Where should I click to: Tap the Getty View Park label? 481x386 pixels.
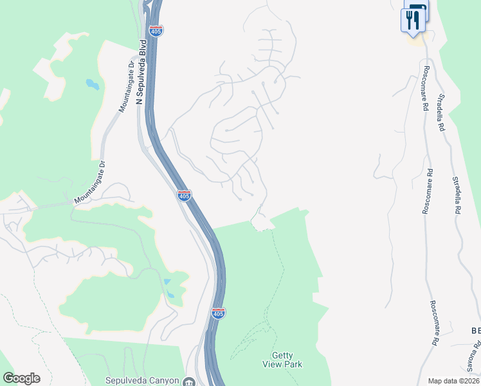282,359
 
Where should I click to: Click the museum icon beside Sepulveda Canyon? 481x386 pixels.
188,381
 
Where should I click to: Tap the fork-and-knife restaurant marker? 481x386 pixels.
412,20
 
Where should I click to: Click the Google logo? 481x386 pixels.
21,378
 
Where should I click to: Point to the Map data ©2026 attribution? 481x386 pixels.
453,381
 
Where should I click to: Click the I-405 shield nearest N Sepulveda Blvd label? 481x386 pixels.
156,30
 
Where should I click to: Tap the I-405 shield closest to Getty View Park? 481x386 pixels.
218,313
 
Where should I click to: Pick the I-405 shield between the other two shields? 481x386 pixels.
185,196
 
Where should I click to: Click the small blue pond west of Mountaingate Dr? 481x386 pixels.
93,84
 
